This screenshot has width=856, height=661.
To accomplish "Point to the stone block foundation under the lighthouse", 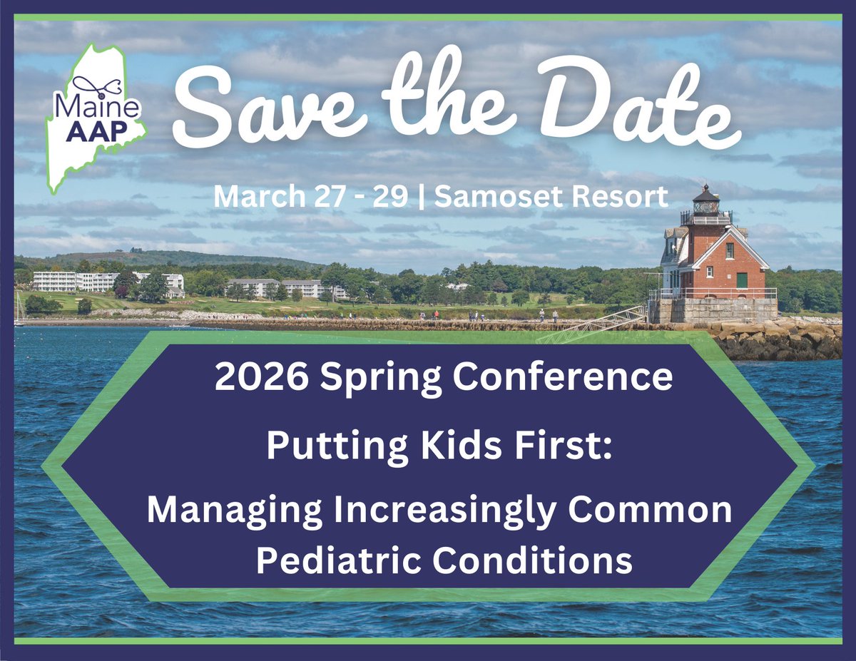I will pyautogui.click(x=713, y=309).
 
